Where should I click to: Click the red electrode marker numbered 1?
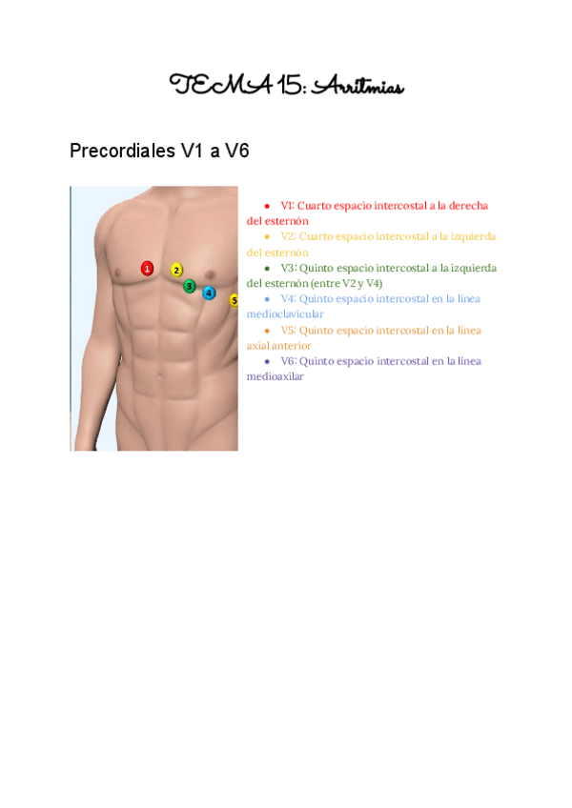147,269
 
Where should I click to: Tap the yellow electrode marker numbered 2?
176,270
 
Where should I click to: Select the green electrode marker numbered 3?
190,286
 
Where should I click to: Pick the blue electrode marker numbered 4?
209,293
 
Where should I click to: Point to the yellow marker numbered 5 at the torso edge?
234,301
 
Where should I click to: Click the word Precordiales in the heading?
122,151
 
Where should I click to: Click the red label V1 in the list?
287,205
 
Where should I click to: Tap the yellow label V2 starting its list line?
288,236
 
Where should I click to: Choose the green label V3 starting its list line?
288,268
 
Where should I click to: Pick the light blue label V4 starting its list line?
288,298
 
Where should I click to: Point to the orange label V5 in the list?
288,330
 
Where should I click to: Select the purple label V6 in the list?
288,361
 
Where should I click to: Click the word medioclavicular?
285,313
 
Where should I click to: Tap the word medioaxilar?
276,376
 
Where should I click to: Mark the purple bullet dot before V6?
267,362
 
